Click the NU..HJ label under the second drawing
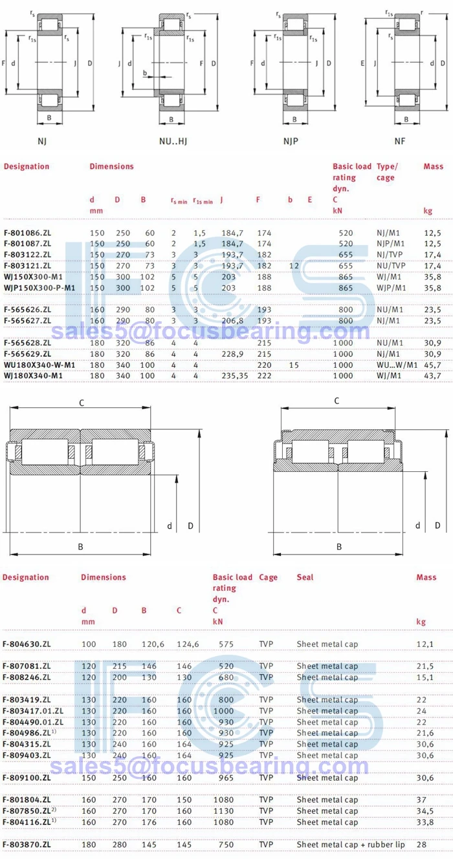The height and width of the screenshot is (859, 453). [171, 140]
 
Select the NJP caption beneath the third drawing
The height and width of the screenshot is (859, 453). [291, 140]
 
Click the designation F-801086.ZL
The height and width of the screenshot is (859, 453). [27, 232]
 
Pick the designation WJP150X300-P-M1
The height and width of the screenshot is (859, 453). [39, 288]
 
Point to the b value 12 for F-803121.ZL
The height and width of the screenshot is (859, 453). [294, 266]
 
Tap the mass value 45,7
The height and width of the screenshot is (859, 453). [432, 365]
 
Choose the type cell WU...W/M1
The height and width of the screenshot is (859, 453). [397, 365]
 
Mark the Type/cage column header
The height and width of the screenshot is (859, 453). [386, 172]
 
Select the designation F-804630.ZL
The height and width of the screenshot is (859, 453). [27, 644]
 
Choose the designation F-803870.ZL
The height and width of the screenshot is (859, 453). [27, 844]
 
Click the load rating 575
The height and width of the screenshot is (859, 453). [225, 644]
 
